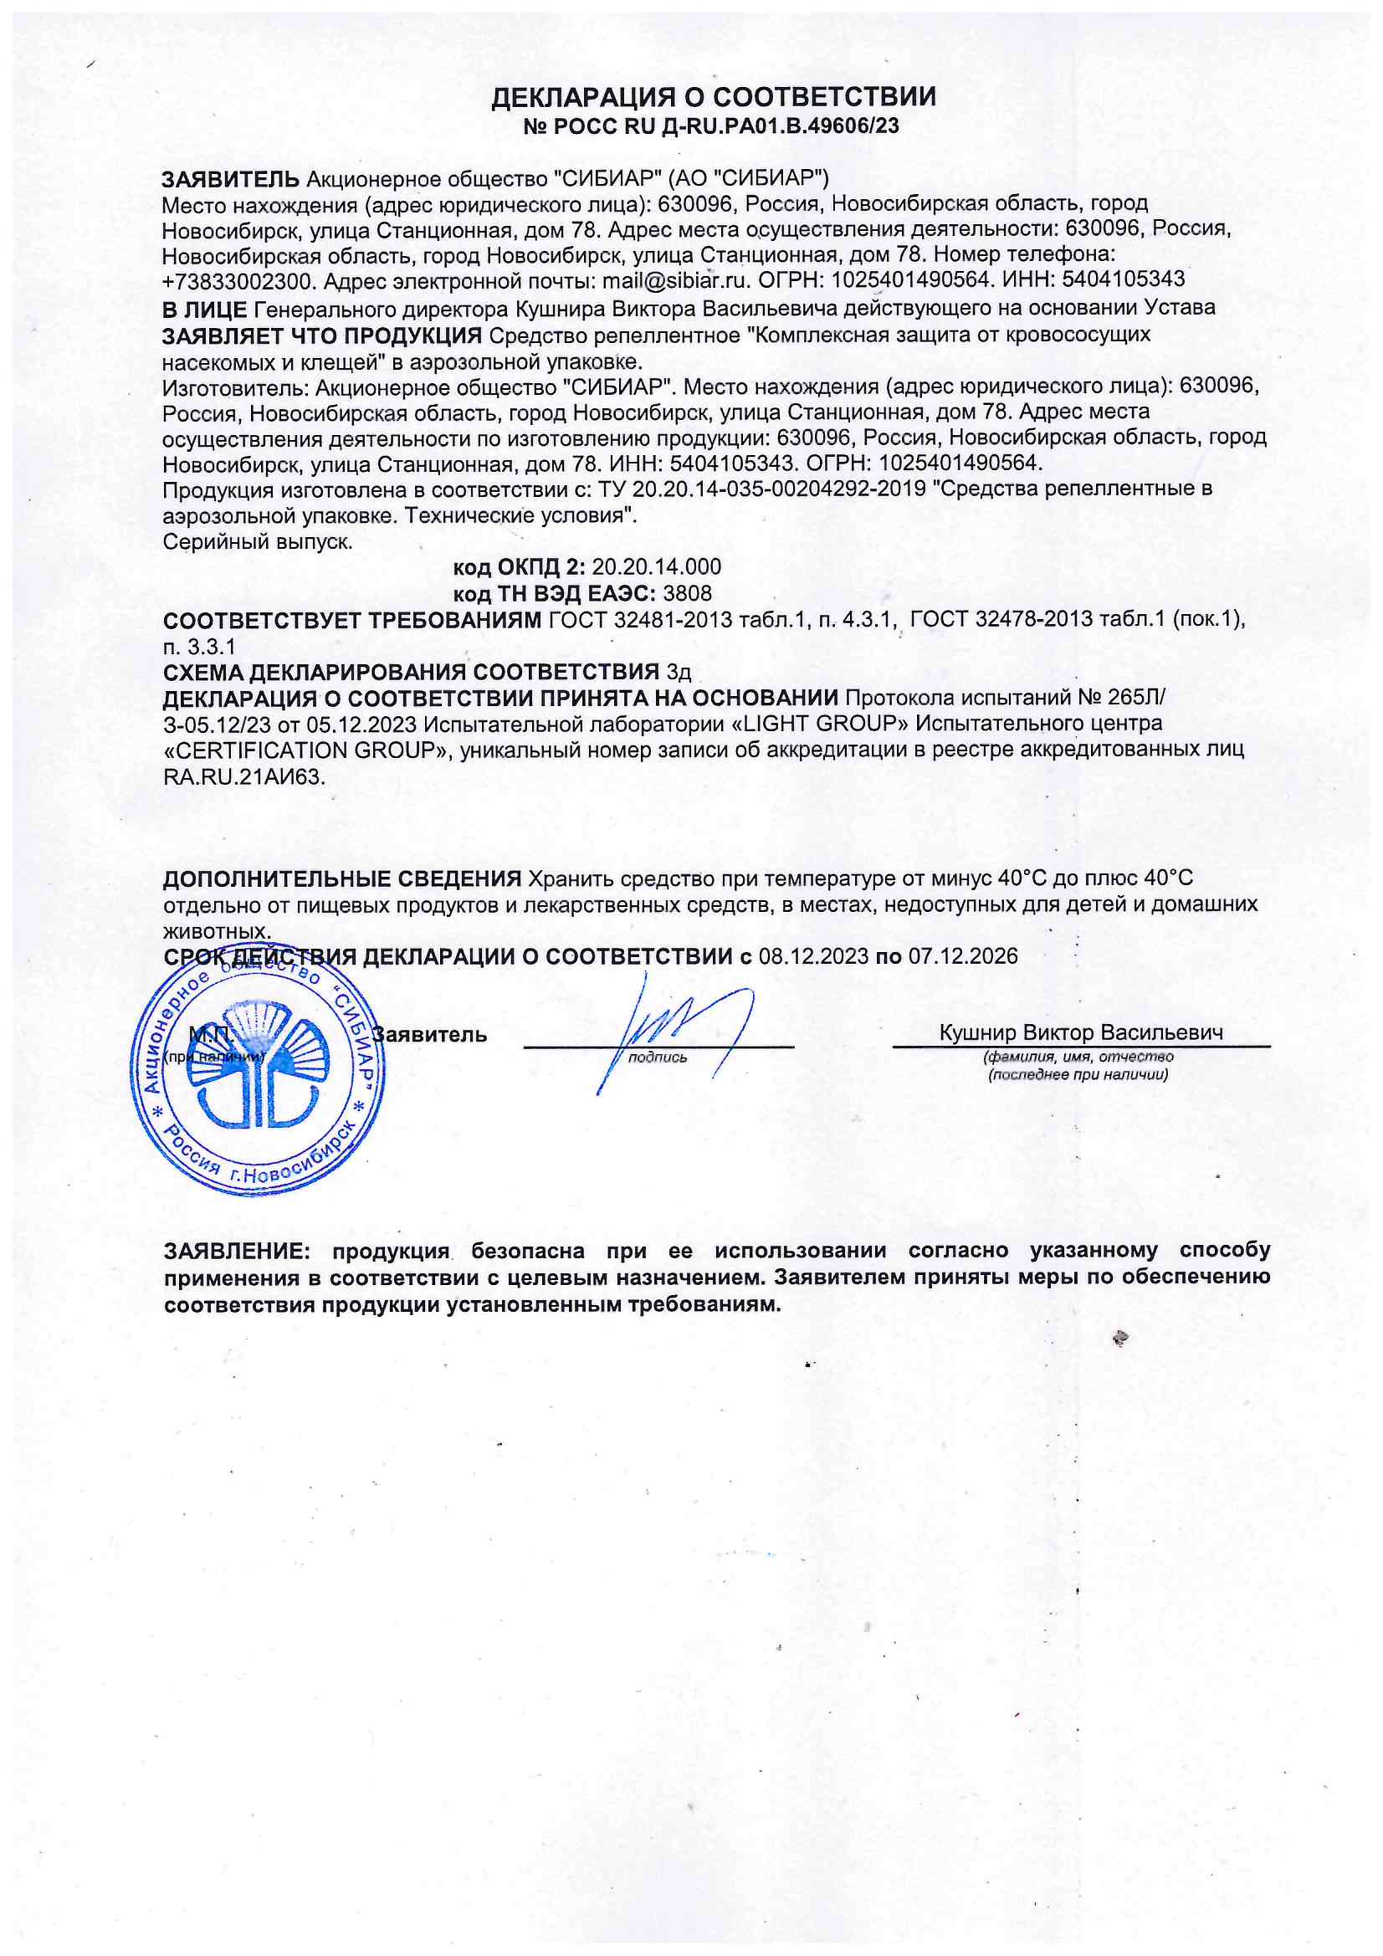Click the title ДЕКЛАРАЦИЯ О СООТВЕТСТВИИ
click(x=712, y=97)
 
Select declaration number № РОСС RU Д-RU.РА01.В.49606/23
click(x=710, y=127)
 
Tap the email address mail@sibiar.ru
click(x=675, y=279)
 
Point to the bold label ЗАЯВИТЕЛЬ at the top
click(x=230, y=179)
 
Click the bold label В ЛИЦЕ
click(x=204, y=308)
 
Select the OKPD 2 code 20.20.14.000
click(x=656, y=566)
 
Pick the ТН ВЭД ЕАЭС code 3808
click(x=687, y=593)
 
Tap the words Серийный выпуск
click(x=258, y=542)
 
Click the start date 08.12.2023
click(x=813, y=956)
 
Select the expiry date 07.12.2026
click(x=963, y=956)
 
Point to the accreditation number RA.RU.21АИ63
click(x=243, y=776)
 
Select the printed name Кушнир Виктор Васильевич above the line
click(x=1080, y=1032)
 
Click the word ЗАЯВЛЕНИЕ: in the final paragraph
click(x=237, y=1251)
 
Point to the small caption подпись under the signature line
click(x=657, y=1057)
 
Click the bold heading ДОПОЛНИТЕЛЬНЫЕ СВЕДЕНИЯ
click(x=341, y=879)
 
